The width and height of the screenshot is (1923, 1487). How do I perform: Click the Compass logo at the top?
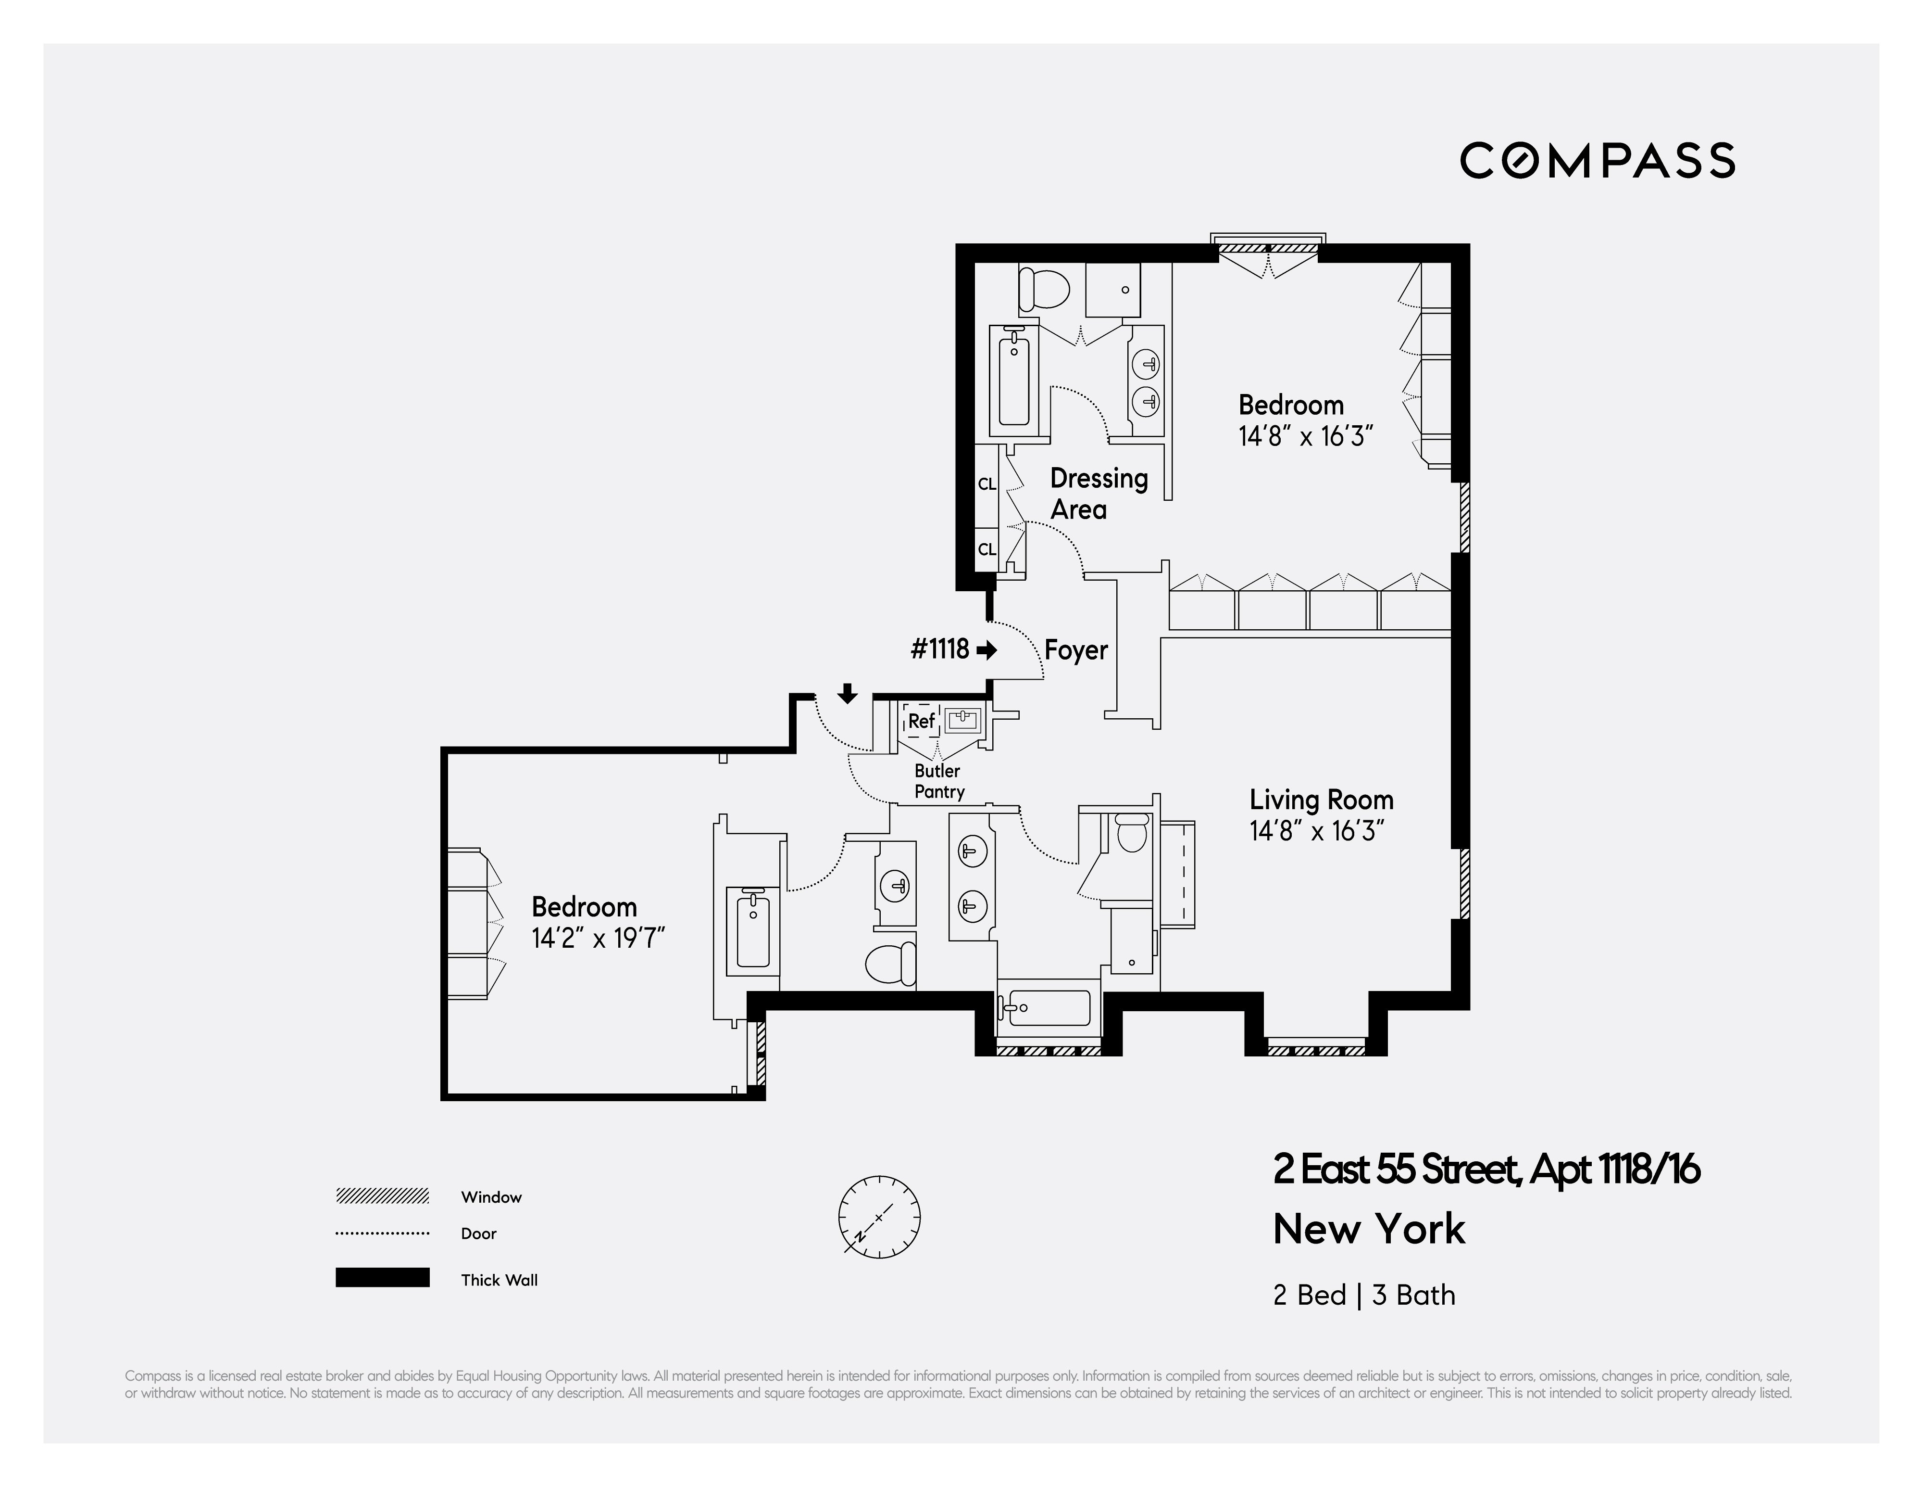coord(1597,160)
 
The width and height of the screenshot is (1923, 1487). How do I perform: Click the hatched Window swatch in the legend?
coord(382,1196)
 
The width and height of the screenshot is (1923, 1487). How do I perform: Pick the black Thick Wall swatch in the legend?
coord(382,1277)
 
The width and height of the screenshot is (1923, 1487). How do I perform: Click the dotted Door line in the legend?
coord(382,1233)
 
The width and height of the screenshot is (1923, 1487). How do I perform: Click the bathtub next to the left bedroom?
coord(752,931)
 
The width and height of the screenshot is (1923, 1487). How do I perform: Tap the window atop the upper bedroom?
coord(1268,248)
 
